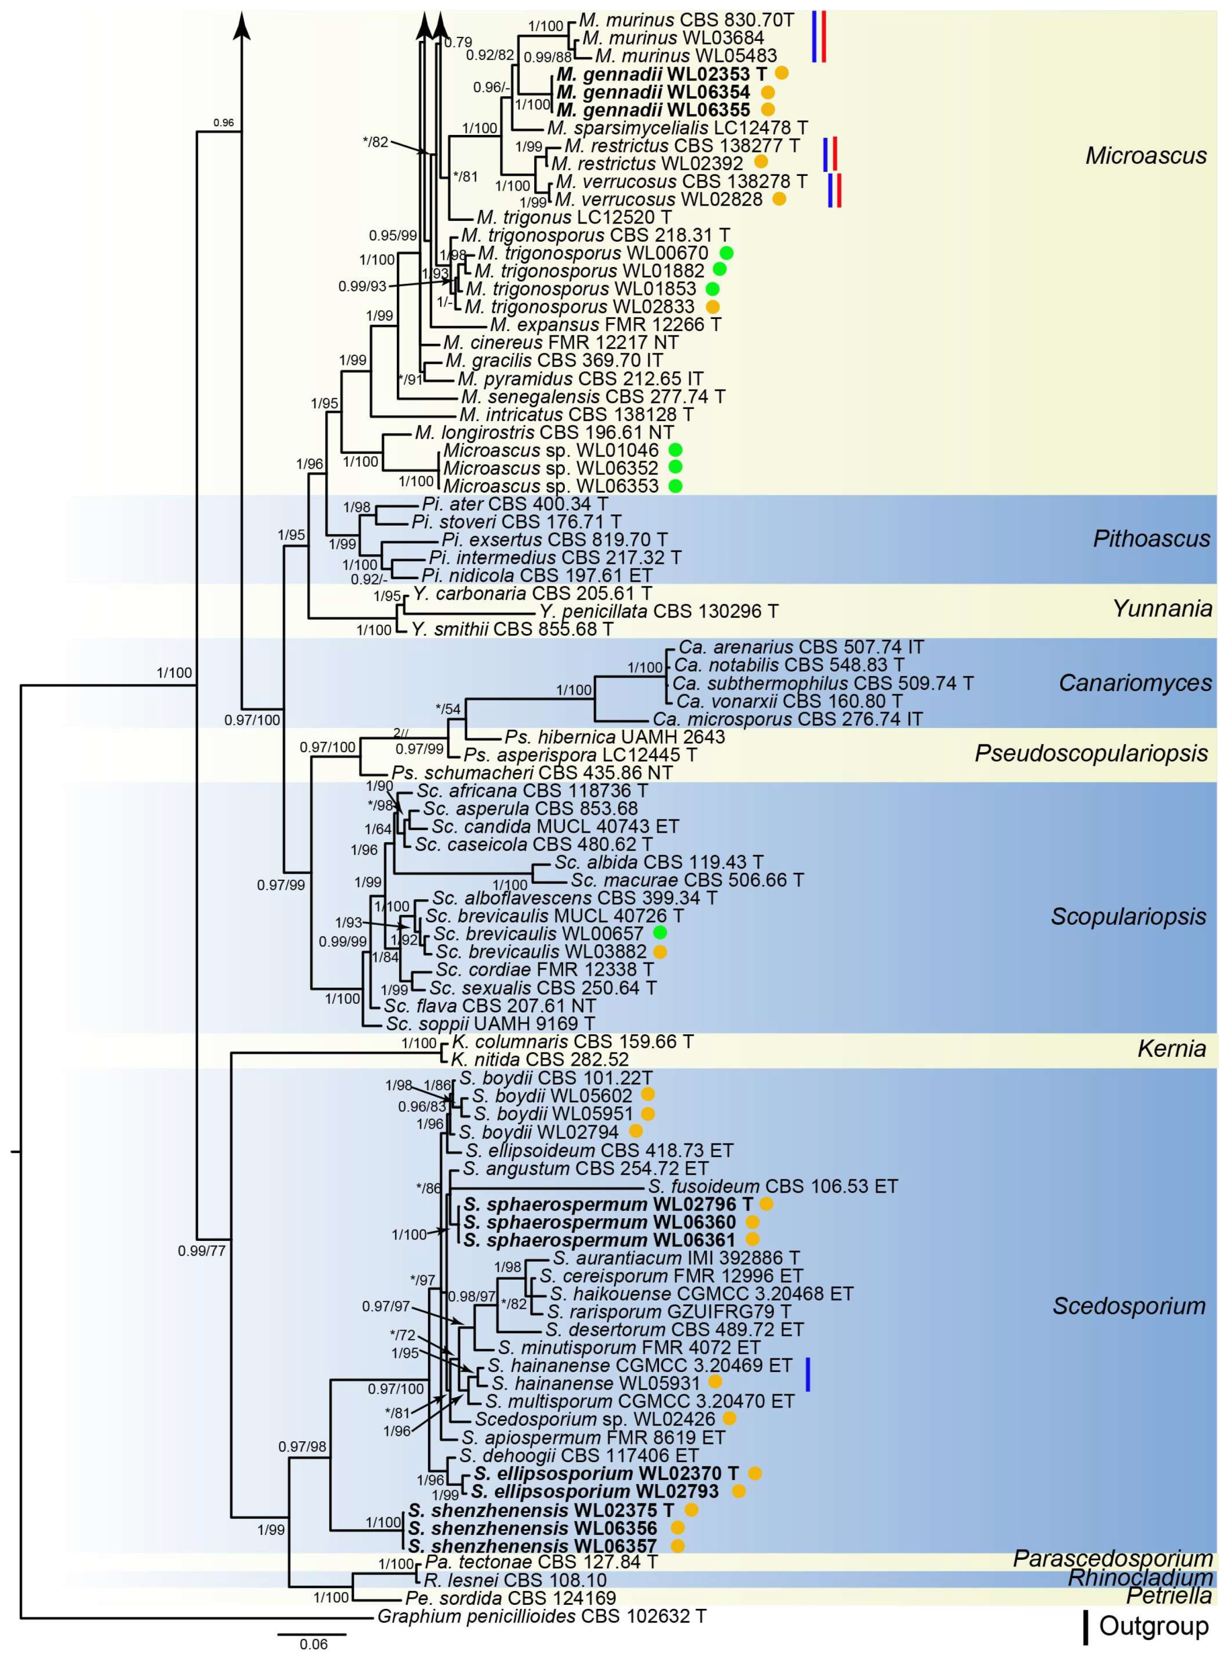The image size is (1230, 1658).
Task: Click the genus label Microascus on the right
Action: click(1145, 155)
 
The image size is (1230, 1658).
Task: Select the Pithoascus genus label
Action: click(1151, 538)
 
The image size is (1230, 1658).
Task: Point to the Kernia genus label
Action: click(1171, 1049)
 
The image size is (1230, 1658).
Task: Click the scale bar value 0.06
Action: click(313, 1644)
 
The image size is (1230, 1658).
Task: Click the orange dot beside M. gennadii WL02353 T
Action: click(782, 73)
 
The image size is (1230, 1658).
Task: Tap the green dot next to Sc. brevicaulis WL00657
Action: click(659, 933)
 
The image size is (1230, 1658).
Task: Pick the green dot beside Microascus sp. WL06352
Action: click(675, 468)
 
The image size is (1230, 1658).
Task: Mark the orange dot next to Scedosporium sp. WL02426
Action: click(729, 1419)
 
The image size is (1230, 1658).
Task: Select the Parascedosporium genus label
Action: click(1112, 1559)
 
